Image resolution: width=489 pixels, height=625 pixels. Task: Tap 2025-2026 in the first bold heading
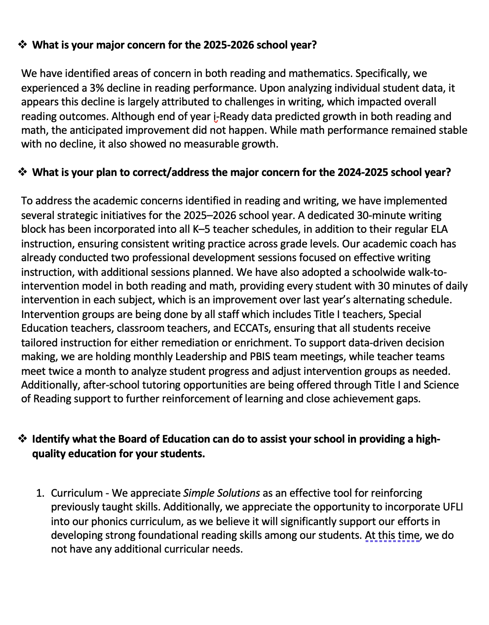pyautogui.click(x=228, y=45)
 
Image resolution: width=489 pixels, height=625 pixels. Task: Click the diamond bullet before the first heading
pyautogui.click(x=22, y=44)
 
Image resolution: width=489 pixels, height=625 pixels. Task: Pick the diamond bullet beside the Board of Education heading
pyautogui.click(x=22, y=439)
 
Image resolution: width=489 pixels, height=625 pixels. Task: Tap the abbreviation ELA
pyautogui.click(x=439, y=229)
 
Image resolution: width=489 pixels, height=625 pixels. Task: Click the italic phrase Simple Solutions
pyautogui.click(x=222, y=493)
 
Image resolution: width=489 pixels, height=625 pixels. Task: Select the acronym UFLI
pyautogui.click(x=453, y=507)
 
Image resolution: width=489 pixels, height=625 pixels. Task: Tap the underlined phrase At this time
pyautogui.click(x=392, y=535)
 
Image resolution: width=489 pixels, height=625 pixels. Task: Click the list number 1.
pyautogui.click(x=40, y=493)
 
